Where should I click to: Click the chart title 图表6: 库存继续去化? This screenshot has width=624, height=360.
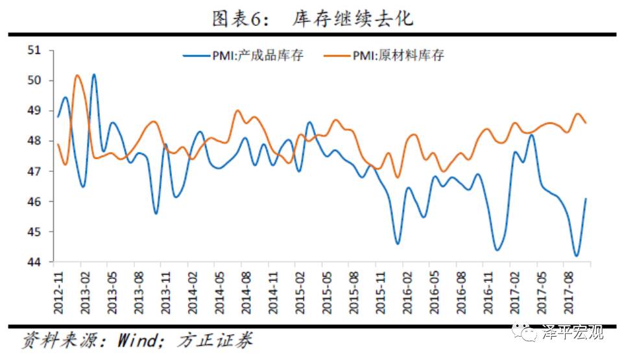[312, 19]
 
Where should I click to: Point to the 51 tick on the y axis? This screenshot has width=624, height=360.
[33, 51]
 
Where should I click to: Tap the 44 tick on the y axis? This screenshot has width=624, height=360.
[33, 262]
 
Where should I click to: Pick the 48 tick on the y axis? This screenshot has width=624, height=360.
[33, 141]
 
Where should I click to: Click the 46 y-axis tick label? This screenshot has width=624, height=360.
[33, 202]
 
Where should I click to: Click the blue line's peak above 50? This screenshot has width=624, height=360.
[94, 75]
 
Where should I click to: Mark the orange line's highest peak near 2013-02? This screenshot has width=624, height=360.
[77, 75]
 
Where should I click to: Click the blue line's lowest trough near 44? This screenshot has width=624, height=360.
[575, 256]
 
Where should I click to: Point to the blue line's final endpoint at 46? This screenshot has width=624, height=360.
[586, 199]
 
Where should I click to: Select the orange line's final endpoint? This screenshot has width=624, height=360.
[586, 123]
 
